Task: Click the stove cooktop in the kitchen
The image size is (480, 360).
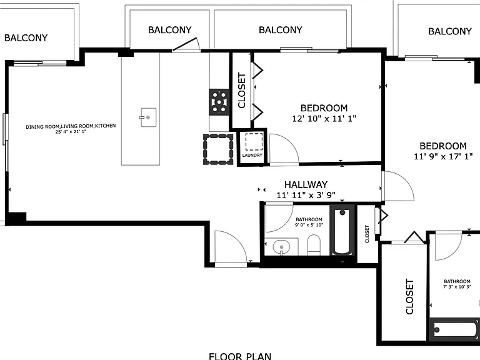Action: [219, 102]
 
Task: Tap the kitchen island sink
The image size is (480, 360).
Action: [148, 117]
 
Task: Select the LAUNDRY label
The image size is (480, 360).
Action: [252, 155]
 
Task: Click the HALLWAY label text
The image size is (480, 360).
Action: [306, 184]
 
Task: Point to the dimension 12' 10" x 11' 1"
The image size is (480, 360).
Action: [324, 119]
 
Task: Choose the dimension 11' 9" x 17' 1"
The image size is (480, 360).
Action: [443, 156]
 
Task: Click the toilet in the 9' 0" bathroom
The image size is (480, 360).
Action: [314, 244]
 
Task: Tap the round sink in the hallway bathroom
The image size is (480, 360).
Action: [281, 246]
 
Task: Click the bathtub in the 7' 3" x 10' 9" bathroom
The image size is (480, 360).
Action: [454, 330]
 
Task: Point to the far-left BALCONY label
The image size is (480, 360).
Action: [26, 38]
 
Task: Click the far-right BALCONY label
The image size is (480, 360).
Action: [450, 31]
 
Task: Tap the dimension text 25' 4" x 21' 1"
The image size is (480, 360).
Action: [71, 132]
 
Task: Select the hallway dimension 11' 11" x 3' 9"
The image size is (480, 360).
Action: [306, 195]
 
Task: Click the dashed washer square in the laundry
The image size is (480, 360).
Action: [254, 142]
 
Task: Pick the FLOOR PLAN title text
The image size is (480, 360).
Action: [240, 356]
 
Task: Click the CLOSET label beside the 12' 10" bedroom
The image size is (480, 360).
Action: [242, 90]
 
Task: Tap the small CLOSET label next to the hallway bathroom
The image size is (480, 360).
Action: [367, 234]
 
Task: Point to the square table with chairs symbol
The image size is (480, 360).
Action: [218, 149]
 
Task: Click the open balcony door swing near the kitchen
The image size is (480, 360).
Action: [186, 44]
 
